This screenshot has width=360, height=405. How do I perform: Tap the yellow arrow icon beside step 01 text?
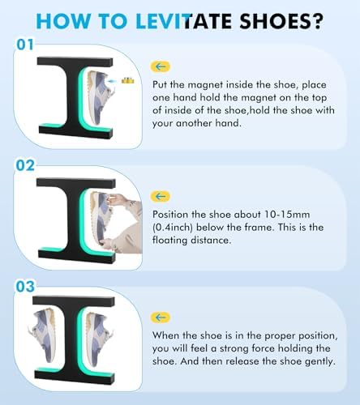pyautogui.click(x=161, y=66)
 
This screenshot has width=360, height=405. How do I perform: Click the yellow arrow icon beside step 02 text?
pyautogui.click(x=161, y=196)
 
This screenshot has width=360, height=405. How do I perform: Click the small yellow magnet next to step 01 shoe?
pyautogui.click(x=126, y=81)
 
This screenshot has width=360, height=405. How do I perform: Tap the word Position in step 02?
pyautogui.click(x=175, y=214)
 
